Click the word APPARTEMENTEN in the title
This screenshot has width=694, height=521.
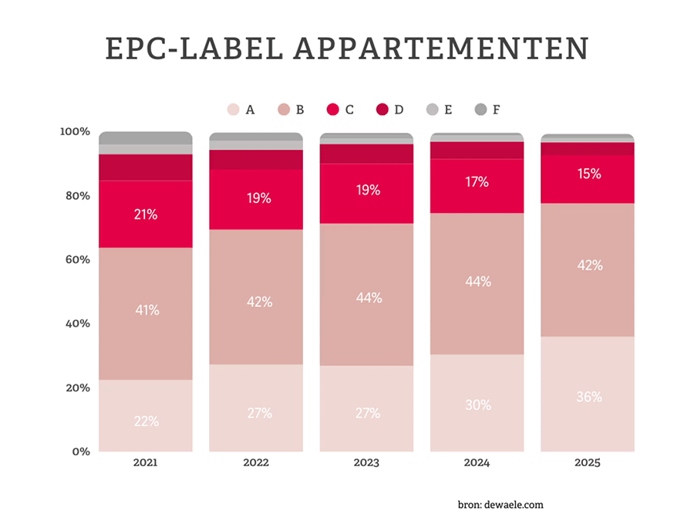coord(442,48)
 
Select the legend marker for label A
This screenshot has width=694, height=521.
coord(232,110)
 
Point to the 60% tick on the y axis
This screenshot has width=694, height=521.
coord(75,259)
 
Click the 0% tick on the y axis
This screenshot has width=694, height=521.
coord(79,452)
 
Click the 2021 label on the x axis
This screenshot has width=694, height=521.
coord(145,463)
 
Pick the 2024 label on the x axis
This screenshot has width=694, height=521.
coord(477,463)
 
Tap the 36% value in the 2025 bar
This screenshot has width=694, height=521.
coord(589,397)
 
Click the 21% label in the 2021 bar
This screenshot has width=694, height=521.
coord(145,215)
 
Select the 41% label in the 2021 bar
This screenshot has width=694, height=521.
coord(145,310)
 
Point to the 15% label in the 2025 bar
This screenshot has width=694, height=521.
coord(589,174)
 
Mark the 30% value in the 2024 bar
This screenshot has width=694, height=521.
coord(477,404)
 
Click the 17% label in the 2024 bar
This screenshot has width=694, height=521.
coord(477,182)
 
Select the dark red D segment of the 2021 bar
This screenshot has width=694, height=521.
coord(145,167)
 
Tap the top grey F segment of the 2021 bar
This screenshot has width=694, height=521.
coord(145,137)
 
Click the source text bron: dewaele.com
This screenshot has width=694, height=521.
coord(500,505)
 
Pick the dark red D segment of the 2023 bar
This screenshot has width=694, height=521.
coord(367,154)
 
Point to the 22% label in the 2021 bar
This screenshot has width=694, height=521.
coord(145,421)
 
